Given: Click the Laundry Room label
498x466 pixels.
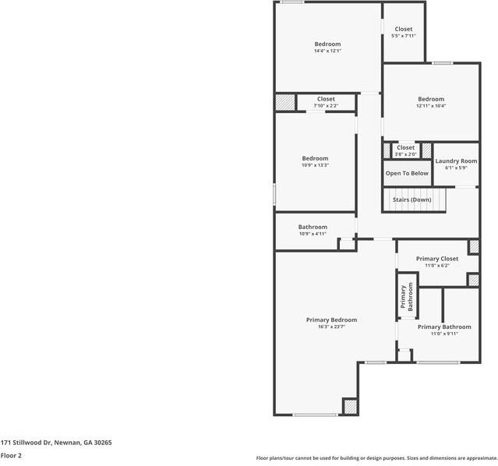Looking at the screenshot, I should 456,161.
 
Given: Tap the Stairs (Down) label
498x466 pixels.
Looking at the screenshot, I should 411,200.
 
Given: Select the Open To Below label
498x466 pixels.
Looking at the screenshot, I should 407,173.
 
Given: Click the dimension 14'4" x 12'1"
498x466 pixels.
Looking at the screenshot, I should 327,51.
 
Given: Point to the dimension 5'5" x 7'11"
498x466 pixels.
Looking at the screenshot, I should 403,36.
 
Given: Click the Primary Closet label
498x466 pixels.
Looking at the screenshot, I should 437,259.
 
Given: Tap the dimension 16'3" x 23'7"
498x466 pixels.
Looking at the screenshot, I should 331,327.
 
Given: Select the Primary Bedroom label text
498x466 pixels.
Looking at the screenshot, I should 331,320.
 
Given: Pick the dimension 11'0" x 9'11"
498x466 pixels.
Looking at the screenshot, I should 444,334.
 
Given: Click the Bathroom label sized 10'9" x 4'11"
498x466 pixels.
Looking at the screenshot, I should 312,227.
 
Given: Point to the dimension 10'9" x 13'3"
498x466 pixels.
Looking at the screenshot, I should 315,165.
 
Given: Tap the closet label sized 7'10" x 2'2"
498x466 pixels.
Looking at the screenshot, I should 326,99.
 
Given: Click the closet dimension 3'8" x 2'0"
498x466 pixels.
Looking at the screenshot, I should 405,154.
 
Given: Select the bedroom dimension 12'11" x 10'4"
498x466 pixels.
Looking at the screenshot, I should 430,106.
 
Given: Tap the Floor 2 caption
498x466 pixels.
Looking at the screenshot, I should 12,455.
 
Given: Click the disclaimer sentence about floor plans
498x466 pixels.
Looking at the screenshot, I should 376,458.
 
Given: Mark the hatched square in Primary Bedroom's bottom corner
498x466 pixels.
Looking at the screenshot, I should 350,407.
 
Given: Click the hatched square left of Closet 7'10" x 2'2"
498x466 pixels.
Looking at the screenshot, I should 285,102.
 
